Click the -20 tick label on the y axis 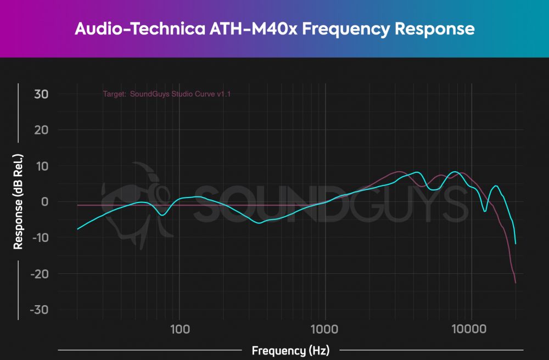(x=38, y=274)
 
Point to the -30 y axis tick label (x=38, y=310)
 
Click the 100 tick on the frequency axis (x=180, y=329)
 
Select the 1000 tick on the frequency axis (x=325, y=329)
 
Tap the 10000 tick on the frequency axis (x=471, y=329)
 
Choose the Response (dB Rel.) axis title (x=19, y=201)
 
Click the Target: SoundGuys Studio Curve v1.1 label (x=167, y=94)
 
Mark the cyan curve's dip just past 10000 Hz (x=485, y=211)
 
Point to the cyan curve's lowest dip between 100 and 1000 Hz (x=260, y=223)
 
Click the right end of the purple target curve (x=516, y=283)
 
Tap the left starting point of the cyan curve (x=77, y=229)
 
